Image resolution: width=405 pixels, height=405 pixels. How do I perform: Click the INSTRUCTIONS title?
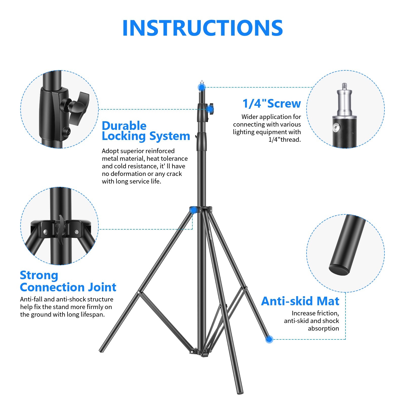(202, 28)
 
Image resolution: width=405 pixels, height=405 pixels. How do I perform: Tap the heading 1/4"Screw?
(272, 104)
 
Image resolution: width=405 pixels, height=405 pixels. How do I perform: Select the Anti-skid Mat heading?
(300, 301)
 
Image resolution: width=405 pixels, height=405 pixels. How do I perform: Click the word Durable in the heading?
(124, 126)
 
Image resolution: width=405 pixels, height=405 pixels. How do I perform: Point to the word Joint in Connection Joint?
(102, 287)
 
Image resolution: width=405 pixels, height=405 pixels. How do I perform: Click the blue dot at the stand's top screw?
(202, 87)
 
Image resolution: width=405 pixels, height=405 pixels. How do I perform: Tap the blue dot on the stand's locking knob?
(210, 109)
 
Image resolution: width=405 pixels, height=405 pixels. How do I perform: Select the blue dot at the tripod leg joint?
(193, 210)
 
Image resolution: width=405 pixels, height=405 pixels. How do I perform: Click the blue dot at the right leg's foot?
(269, 339)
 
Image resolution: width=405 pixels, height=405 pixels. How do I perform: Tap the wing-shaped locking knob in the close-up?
(80, 108)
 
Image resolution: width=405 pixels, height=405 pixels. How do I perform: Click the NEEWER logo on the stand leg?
(210, 235)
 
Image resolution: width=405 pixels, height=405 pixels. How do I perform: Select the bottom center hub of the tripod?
(201, 352)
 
